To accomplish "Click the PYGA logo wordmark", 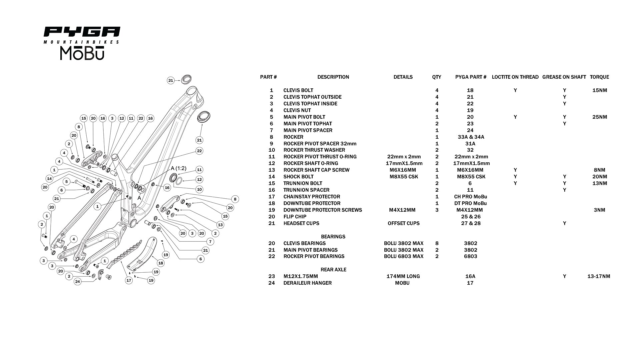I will tap(82, 32).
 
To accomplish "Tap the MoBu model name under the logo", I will tap(82, 53).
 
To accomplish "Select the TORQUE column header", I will tap(599, 77).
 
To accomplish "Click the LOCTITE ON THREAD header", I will tap(515, 77).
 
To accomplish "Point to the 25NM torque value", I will tap(600, 117).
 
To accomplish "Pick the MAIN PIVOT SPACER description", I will tap(308, 130).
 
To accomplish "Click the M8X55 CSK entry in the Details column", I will tap(404, 177).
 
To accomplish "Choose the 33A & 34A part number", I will tap(471, 137).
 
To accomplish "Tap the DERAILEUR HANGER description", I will tap(307, 283).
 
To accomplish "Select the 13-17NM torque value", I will tap(599, 276).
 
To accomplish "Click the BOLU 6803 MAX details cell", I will tap(403, 256).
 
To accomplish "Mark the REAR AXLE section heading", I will tap(333, 270).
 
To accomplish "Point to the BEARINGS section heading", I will tap(333, 237).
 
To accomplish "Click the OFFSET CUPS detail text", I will tap(403, 223).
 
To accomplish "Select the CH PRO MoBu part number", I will tap(470, 197).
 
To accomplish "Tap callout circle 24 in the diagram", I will tap(78, 282).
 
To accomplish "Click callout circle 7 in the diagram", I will tap(210, 242).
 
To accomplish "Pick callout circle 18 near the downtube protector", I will tap(161, 263).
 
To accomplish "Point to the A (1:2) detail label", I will tap(179, 168).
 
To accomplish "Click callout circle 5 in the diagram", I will tap(67, 182).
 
